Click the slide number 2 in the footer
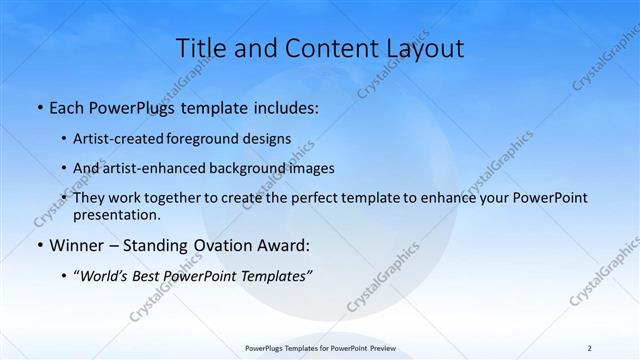click(589, 348)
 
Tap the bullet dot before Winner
click(38, 245)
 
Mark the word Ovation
click(215, 245)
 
